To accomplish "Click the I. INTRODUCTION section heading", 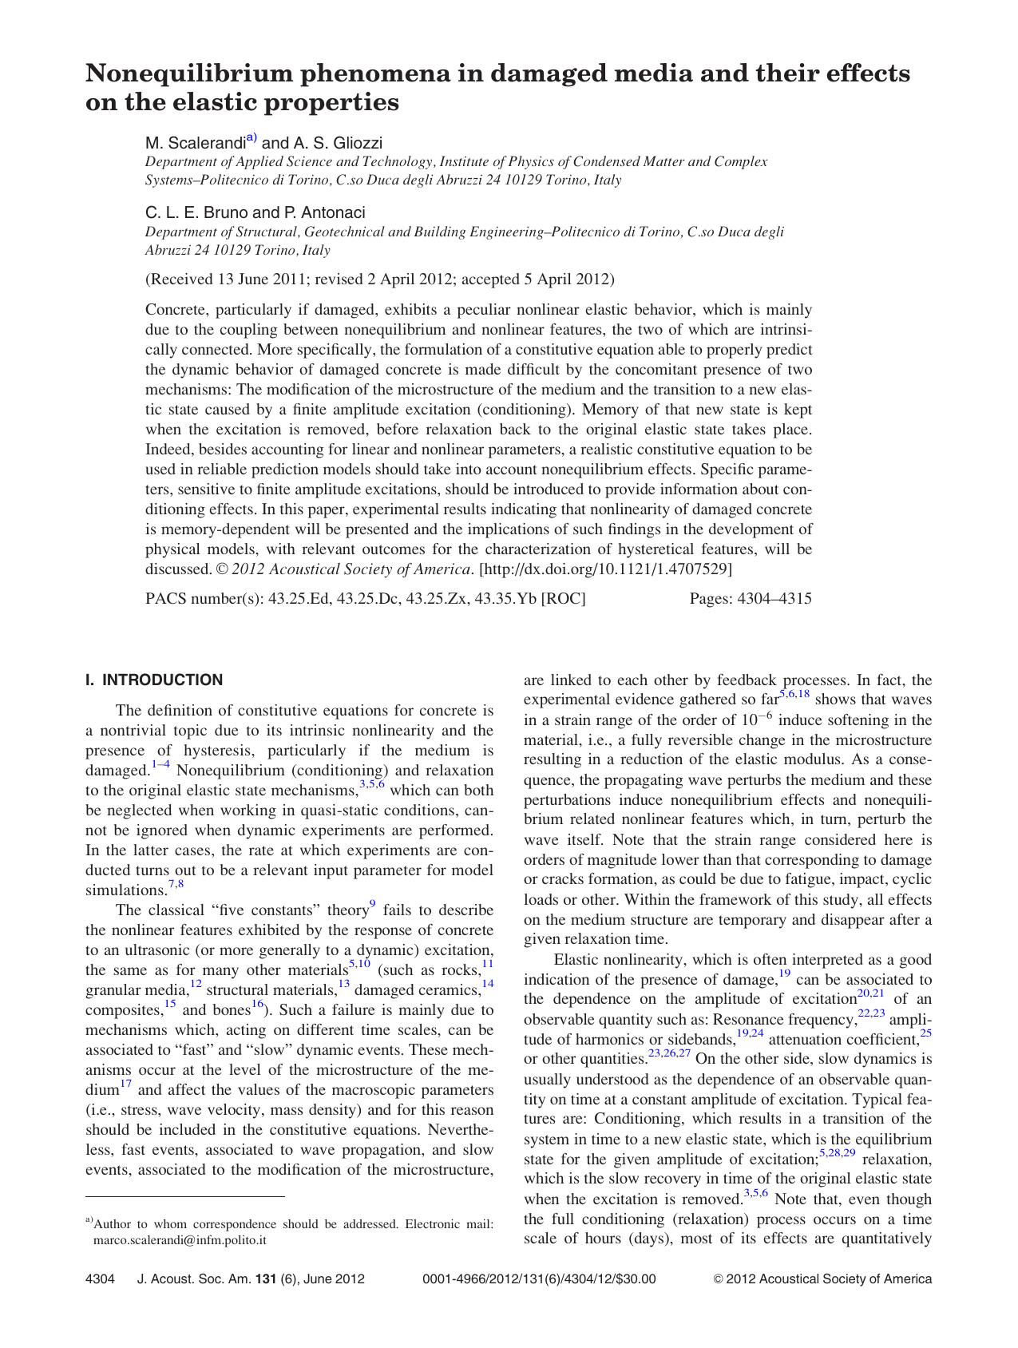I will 154,680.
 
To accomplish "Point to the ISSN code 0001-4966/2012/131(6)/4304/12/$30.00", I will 538,1279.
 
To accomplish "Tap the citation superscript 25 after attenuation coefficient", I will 925,1034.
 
